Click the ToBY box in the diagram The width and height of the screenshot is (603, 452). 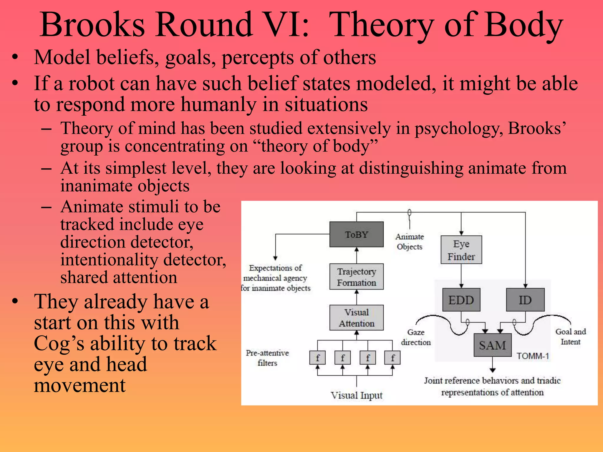pos(356,235)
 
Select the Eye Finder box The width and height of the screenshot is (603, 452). pos(461,250)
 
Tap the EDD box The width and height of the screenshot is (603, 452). pos(461,300)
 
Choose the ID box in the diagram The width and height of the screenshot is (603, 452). pos(525,300)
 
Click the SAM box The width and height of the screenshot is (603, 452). pos(492,345)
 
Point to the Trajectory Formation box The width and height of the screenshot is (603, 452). pos(356,277)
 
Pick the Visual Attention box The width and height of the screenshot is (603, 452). pos(356,318)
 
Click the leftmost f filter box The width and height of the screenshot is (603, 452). pos(317,358)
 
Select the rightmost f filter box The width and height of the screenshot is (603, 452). pos(392,358)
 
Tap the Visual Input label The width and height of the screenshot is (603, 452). pos(356,395)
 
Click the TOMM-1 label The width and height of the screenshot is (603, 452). pos(533,356)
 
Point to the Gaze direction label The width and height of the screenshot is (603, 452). pos(416,337)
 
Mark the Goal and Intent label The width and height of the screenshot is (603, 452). pos(571,337)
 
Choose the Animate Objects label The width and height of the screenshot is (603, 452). pos(410,242)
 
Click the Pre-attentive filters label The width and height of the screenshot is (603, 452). pos(267,358)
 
